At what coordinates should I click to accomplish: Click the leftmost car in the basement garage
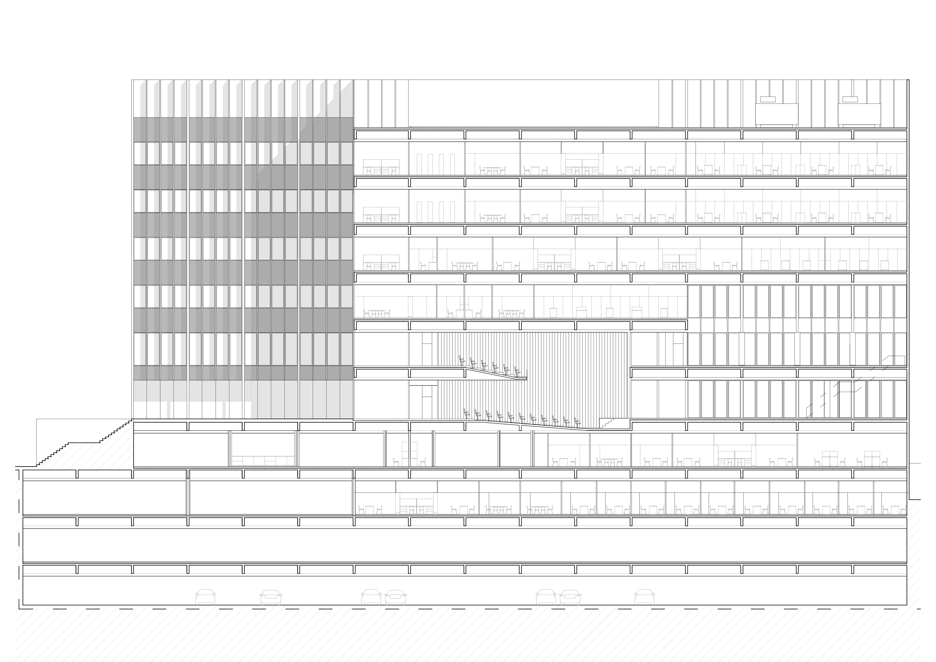coord(205,597)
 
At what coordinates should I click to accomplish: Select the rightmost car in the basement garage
coord(644,597)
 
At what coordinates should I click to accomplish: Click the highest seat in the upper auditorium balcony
coord(462,359)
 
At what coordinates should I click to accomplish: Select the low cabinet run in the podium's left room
coord(263,460)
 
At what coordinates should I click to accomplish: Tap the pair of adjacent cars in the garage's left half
coord(383,597)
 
